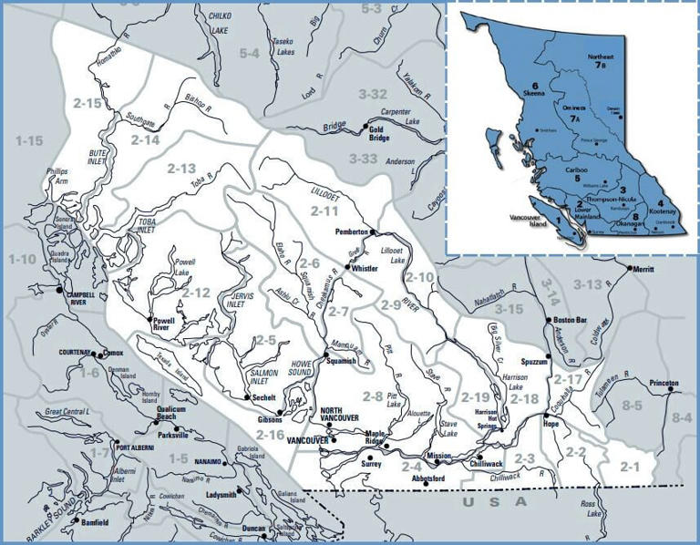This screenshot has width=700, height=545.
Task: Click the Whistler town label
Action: (365, 270)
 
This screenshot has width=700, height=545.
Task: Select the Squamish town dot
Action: (325, 355)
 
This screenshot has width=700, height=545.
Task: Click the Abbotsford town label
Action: (427, 478)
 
